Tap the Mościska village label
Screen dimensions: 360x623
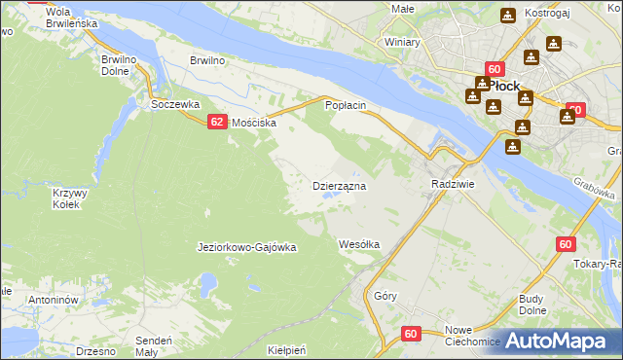[253, 124]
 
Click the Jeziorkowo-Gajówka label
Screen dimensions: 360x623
[246, 247]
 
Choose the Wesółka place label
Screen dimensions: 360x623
[358, 244]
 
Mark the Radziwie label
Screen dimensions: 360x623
[452, 184]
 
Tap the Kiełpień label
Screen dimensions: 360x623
[287, 349]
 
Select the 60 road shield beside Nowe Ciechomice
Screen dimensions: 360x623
[411, 334]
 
